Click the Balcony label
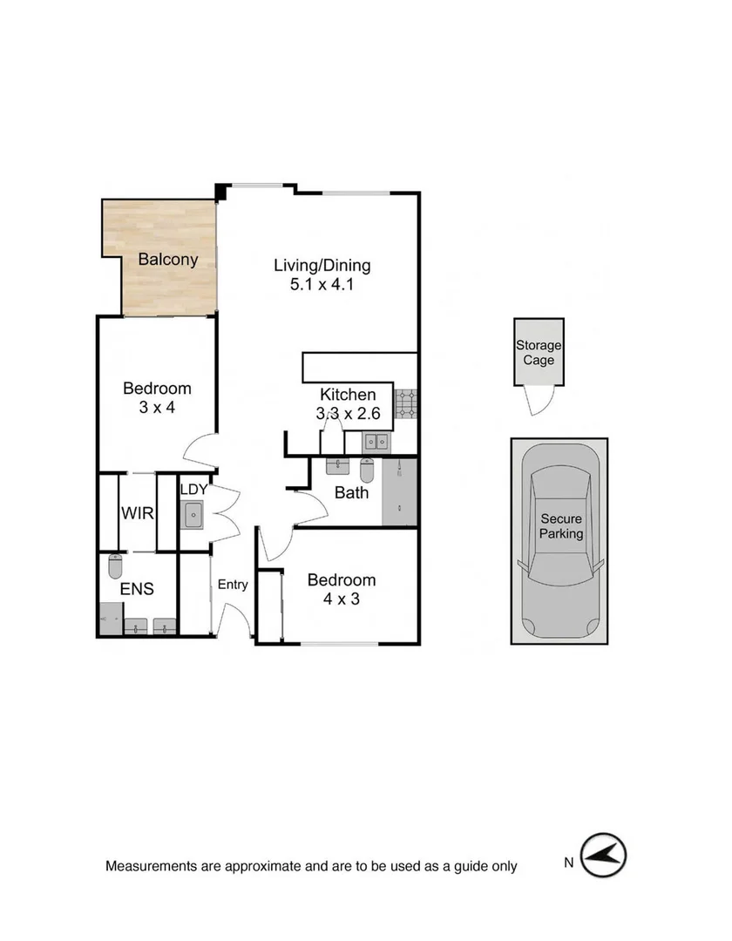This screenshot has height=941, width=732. [168, 259]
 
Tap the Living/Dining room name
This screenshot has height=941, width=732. [322, 266]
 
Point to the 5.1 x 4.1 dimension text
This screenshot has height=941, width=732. [322, 285]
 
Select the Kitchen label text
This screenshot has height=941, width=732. [348, 395]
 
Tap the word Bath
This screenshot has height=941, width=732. [351, 492]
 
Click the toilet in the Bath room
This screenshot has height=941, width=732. [367, 469]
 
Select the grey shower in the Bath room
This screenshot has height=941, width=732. [400, 492]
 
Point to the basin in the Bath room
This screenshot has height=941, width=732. [337, 466]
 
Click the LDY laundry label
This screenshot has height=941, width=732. [193, 489]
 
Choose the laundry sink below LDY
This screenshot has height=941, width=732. [193, 515]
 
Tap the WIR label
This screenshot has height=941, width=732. [138, 513]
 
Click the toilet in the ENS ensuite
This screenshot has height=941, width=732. [115, 566]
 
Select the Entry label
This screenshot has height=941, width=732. [233, 585]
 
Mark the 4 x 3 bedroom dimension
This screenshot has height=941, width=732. [341, 599]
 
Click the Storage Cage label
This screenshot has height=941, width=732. [539, 353]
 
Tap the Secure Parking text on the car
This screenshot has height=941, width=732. [560, 526]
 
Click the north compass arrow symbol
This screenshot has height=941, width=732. [605, 856]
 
